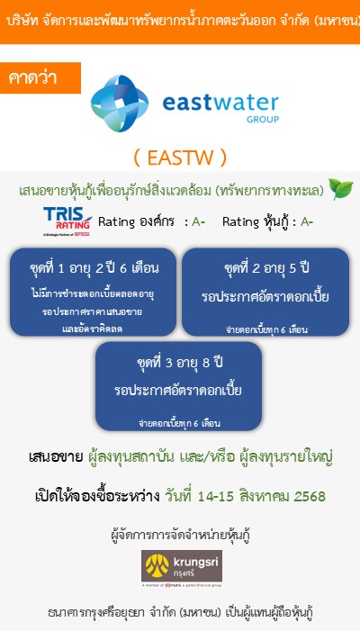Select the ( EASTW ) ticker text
(x=180, y=158)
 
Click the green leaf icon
(x=340, y=189)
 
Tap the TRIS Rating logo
(x=67, y=221)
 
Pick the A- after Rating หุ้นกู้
(x=307, y=221)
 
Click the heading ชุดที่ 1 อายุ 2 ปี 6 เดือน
(x=94, y=266)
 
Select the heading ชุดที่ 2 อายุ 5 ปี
(x=266, y=268)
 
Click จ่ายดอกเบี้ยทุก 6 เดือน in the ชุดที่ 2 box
(x=266, y=330)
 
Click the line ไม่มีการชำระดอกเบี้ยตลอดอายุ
(x=94, y=293)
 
